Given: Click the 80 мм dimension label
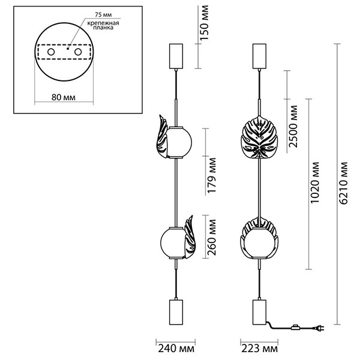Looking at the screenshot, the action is click(64, 97).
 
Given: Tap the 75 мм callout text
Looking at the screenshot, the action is click(103, 14).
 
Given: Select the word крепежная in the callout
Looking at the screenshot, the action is click(103, 23).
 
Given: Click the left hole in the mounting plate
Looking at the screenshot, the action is click(51, 52).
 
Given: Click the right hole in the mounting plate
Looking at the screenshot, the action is click(78, 52).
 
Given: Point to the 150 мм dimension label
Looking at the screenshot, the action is click(205, 23).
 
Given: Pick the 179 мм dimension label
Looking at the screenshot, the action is click(212, 175).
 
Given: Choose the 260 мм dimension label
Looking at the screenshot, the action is click(212, 238).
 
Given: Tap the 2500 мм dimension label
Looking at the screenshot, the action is click(293, 126).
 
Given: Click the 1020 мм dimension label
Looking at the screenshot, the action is click(314, 182).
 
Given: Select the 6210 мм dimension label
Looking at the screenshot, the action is click(343, 183).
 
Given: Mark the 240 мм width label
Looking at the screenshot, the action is click(176, 349).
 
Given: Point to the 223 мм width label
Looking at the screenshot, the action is click(259, 349).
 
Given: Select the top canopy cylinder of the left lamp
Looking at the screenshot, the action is click(176, 56).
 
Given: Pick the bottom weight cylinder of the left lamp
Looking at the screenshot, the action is click(176, 312).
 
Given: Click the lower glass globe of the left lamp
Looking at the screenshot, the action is click(172, 242).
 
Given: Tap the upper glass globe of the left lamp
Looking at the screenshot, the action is click(179, 142).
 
